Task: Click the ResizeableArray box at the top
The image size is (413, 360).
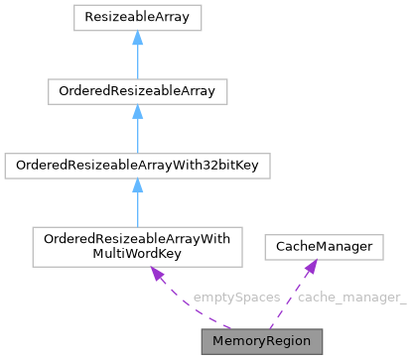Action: [x=137, y=17]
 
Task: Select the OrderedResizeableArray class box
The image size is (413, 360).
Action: [x=137, y=92]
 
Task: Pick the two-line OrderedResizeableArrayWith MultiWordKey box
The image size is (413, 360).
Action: [x=137, y=246]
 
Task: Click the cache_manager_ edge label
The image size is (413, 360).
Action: [x=351, y=298]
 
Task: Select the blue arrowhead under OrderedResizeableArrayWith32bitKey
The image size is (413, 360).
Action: [x=137, y=190]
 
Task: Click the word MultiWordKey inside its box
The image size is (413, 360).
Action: [x=137, y=253]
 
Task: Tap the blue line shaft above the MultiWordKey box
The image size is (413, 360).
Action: [x=137, y=213]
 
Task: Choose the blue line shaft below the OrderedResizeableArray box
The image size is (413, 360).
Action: [x=137, y=138]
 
